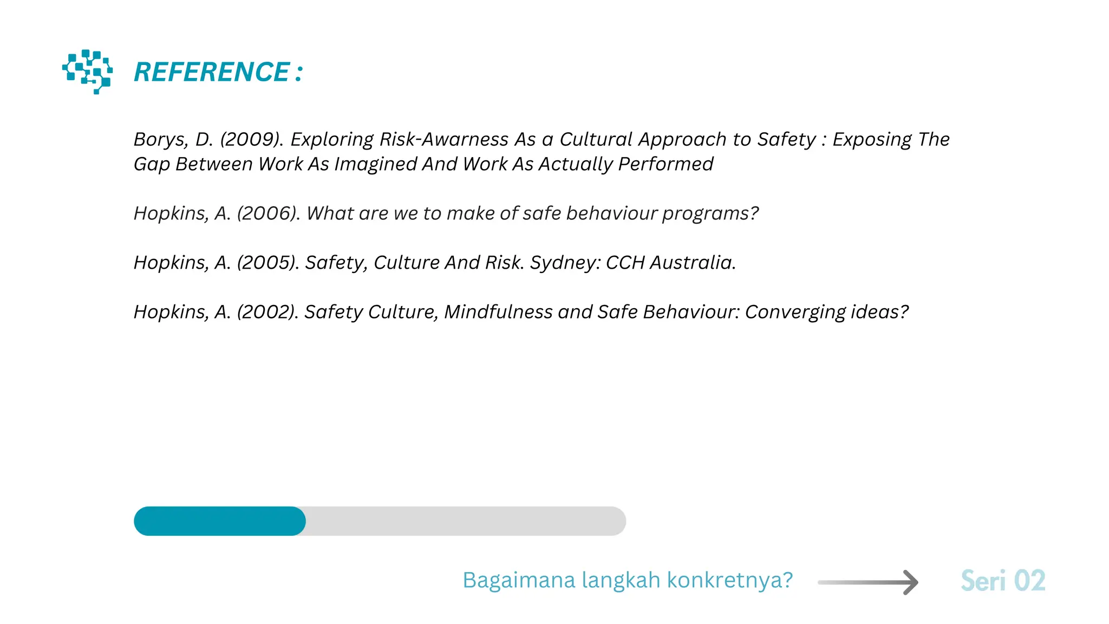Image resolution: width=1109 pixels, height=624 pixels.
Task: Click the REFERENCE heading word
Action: [x=212, y=72]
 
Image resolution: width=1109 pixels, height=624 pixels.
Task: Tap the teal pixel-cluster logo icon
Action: [x=87, y=71]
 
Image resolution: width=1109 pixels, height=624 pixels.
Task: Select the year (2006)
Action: [x=268, y=213]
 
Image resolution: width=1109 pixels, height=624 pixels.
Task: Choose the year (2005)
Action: [x=268, y=263]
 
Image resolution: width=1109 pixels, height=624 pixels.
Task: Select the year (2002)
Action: [x=268, y=312]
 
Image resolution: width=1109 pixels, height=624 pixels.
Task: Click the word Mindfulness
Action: [x=498, y=312]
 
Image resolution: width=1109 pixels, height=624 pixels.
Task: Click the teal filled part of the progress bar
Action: [x=219, y=521]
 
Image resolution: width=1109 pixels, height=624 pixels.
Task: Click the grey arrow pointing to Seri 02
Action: [x=867, y=582]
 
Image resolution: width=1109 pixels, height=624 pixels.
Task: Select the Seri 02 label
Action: [x=1003, y=581]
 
